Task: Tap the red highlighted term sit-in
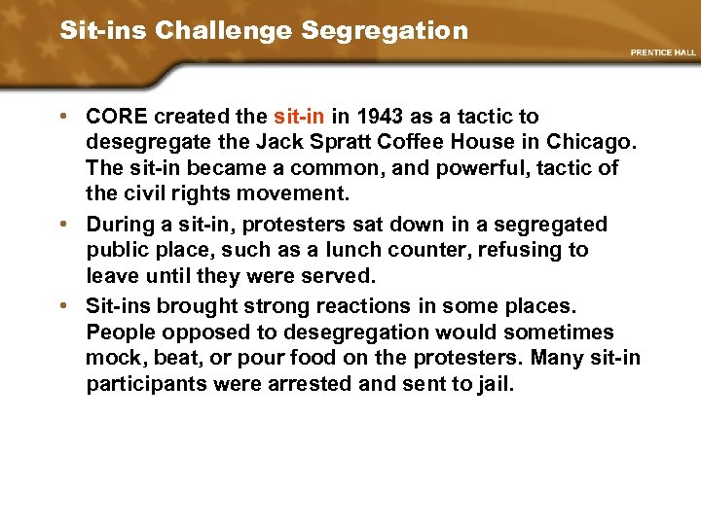pos(299,117)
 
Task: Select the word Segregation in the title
pos(385,30)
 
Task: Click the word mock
pos(114,358)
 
